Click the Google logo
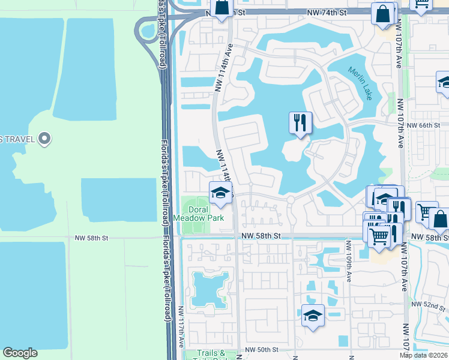coord(20,353)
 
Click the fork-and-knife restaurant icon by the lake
coord(300,123)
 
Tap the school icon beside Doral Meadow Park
coord(220,193)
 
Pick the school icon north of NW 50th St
coord(312,316)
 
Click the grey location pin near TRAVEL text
coord(44,139)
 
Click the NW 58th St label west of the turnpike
coord(91,238)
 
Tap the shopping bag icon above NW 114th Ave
coord(221,7)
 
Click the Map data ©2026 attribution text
coord(423,355)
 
